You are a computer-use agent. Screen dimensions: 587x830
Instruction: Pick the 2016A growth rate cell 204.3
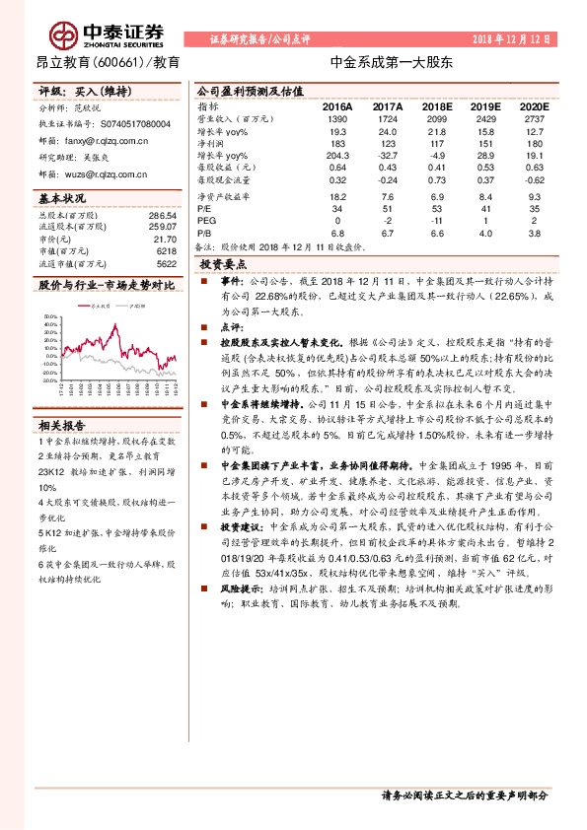(x=336, y=155)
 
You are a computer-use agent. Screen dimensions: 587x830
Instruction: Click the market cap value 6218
(x=165, y=252)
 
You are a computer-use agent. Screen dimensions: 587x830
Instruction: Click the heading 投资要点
(x=224, y=265)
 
